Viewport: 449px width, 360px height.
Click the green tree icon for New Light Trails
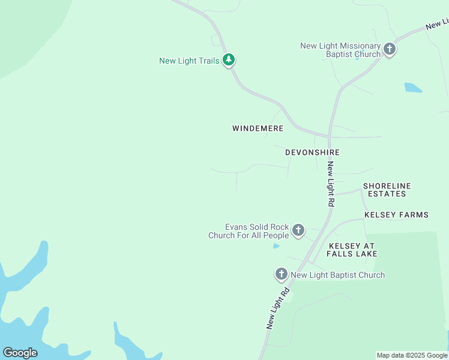pyautogui.click(x=228, y=60)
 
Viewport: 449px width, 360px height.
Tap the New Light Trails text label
pyautogui.click(x=189, y=61)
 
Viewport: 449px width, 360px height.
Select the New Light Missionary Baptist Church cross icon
pyautogui.click(x=390, y=49)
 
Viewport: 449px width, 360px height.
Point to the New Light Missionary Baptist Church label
pyautogui.click(x=340, y=50)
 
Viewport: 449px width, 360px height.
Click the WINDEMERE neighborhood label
pyautogui.click(x=258, y=128)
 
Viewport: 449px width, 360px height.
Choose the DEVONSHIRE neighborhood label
pyautogui.click(x=312, y=152)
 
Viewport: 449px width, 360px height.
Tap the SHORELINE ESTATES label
pyautogui.click(x=387, y=190)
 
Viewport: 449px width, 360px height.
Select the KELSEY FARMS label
pyautogui.click(x=396, y=215)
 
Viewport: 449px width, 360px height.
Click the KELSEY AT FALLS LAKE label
pyautogui.click(x=352, y=250)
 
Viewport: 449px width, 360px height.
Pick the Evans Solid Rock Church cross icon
pyautogui.click(x=298, y=230)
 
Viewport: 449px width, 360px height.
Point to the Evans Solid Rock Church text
pyautogui.click(x=249, y=231)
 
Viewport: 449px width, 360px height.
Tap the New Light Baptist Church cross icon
pyautogui.click(x=281, y=274)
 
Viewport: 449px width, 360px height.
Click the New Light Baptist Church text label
pyautogui.click(x=337, y=275)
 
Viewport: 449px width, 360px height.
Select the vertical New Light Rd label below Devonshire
pyautogui.click(x=330, y=184)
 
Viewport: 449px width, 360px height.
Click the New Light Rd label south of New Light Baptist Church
pyautogui.click(x=278, y=308)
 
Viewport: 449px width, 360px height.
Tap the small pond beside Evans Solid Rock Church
pyautogui.click(x=276, y=245)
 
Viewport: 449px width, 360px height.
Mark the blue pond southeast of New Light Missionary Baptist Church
pyautogui.click(x=413, y=88)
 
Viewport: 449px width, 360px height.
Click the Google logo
pyautogui.click(x=20, y=353)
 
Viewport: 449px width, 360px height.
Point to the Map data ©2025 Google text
pyautogui.click(x=412, y=355)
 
